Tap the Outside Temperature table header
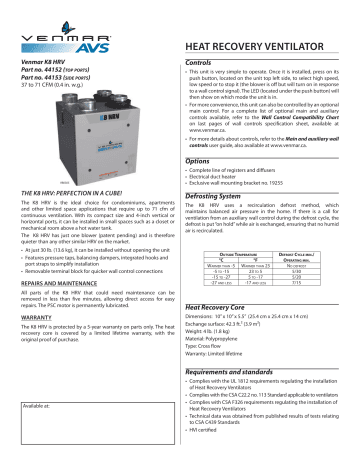[229, 256]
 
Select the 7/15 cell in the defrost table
[300, 283]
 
